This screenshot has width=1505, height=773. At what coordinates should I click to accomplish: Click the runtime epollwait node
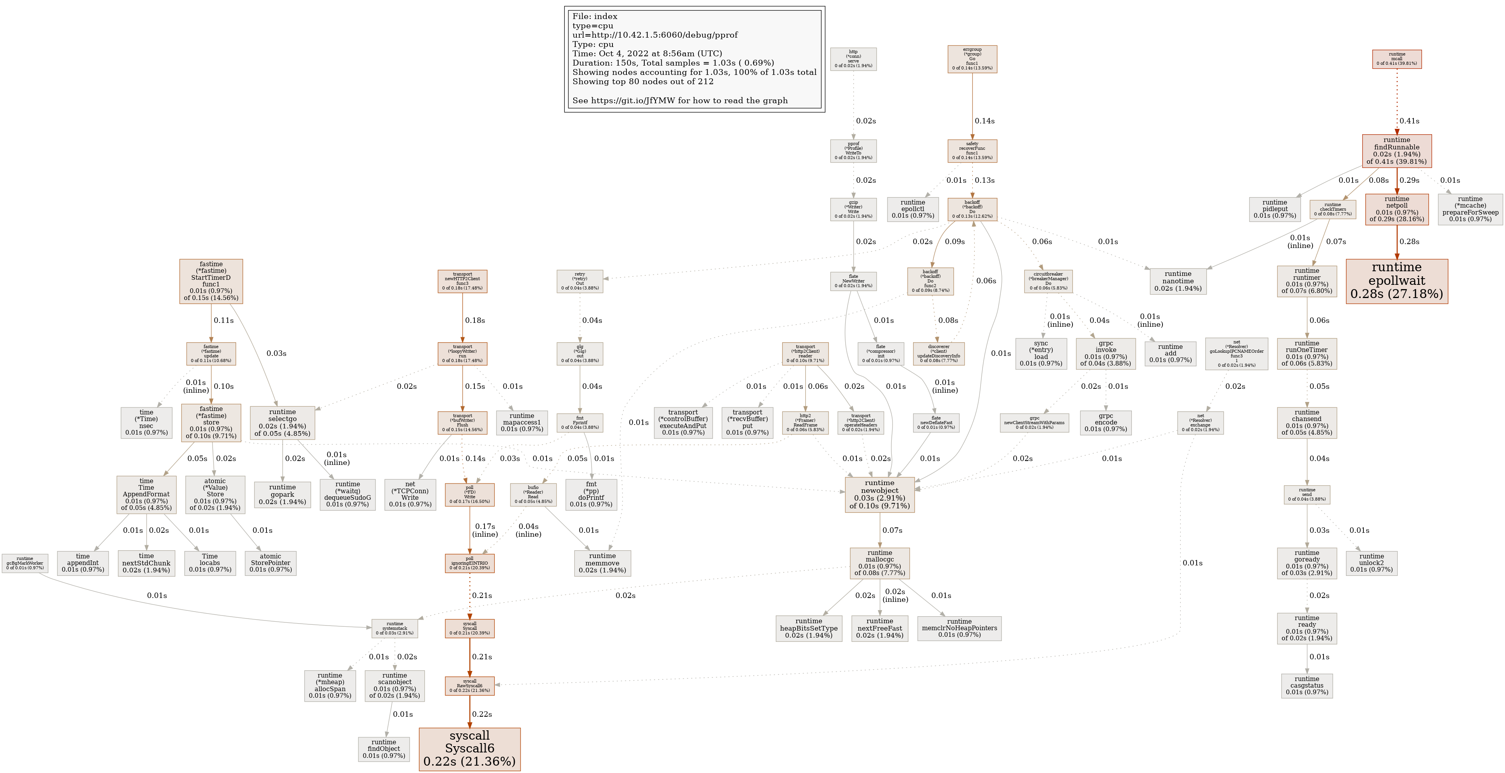(x=1396, y=281)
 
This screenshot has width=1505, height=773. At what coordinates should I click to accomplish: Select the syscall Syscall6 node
(x=469, y=749)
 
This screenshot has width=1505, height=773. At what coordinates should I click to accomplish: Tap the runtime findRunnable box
(x=1396, y=151)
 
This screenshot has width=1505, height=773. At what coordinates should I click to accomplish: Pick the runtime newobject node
(x=879, y=494)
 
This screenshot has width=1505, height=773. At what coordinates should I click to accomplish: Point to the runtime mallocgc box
(x=879, y=563)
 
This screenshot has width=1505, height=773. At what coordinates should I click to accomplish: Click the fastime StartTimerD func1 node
(x=211, y=281)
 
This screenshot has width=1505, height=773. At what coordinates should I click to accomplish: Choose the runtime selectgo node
(x=282, y=423)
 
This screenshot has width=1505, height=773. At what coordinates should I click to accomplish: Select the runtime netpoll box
(x=1396, y=209)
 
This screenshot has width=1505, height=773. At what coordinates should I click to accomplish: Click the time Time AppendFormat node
(x=146, y=494)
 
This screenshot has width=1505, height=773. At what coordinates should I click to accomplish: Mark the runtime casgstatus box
(x=1306, y=685)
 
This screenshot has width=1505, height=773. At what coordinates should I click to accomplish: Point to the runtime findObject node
(x=384, y=749)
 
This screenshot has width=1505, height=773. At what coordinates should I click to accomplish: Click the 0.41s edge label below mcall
(x=1408, y=121)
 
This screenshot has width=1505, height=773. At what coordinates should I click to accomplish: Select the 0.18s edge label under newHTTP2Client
(x=474, y=320)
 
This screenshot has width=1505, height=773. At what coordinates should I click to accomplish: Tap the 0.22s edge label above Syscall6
(x=481, y=714)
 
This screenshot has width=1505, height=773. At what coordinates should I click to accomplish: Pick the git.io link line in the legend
(x=680, y=101)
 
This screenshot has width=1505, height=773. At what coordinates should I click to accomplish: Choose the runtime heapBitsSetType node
(x=809, y=628)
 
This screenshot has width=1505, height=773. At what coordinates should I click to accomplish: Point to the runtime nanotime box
(x=1177, y=281)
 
